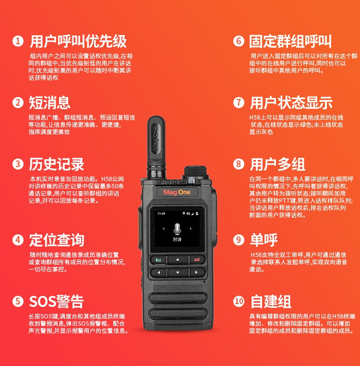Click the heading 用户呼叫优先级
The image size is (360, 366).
[78, 41]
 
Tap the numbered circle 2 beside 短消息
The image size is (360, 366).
[18, 103]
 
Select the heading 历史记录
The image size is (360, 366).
[57, 164]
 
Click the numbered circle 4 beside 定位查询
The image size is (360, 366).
[18, 240]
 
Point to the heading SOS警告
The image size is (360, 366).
[56, 301]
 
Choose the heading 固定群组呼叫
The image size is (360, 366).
[290, 41]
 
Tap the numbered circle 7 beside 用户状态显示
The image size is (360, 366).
[239, 103]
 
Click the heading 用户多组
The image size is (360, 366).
[277, 164]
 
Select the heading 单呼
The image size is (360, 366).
[264, 240]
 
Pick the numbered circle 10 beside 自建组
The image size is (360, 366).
[239, 301]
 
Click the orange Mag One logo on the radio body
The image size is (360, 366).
[177, 192]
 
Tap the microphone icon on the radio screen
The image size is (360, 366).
[177, 229]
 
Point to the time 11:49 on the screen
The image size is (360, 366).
[161, 214]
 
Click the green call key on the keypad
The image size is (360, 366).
[158, 259]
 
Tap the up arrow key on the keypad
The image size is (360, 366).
[178, 259]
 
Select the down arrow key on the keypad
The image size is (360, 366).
[178, 272]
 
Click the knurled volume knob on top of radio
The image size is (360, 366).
[195, 171]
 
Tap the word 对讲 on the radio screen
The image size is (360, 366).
[177, 239]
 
